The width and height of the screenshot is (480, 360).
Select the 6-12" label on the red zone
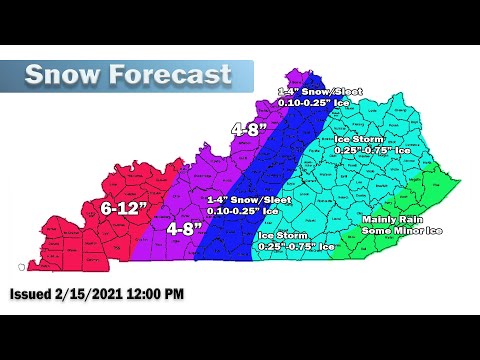[x=124, y=209]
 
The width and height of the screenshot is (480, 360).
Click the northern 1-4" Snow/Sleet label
[x=316, y=91]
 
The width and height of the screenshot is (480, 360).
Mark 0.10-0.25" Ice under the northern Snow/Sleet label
[x=316, y=102]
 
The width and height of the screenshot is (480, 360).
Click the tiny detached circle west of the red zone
[x=22, y=267]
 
